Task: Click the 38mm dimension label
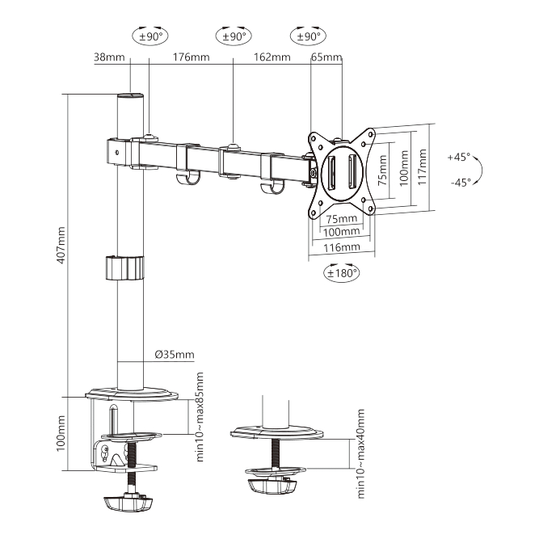[109, 57]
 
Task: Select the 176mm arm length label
[191, 57]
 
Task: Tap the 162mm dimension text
[271, 57]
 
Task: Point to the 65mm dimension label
[326, 57]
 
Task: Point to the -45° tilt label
[458, 183]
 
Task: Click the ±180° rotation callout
[342, 272]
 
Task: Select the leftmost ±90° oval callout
[150, 36]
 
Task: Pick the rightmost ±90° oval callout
[308, 36]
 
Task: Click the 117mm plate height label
[422, 166]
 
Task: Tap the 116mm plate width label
[339, 247]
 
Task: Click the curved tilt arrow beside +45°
[480, 171]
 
